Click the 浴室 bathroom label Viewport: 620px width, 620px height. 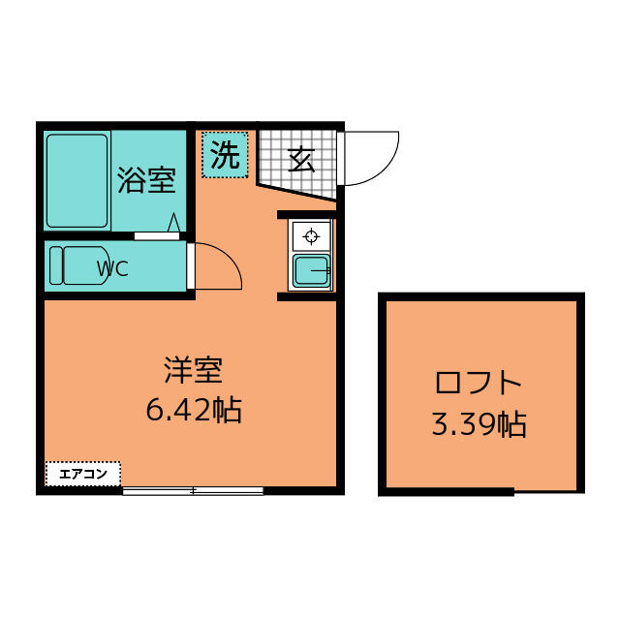[146, 181]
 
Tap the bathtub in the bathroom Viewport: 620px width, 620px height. [77, 181]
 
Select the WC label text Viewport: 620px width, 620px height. [112, 268]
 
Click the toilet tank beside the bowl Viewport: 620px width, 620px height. [56, 265]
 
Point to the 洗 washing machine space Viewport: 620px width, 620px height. [225, 155]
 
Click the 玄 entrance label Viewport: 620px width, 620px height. [301, 160]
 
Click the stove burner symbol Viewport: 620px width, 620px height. [311, 236]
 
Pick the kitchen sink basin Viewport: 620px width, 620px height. [312, 271]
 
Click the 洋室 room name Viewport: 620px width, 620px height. [194, 370]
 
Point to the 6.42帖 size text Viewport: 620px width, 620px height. [194, 410]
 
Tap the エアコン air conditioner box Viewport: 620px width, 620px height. [83, 474]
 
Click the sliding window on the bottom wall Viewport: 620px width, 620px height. [193, 491]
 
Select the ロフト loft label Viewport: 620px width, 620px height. [478, 383]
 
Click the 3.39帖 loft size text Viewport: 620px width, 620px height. [479, 424]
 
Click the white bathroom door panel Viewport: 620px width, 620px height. [157, 236]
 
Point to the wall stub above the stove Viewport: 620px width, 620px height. [306, 215]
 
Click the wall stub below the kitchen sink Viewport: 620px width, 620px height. [306, 296]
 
